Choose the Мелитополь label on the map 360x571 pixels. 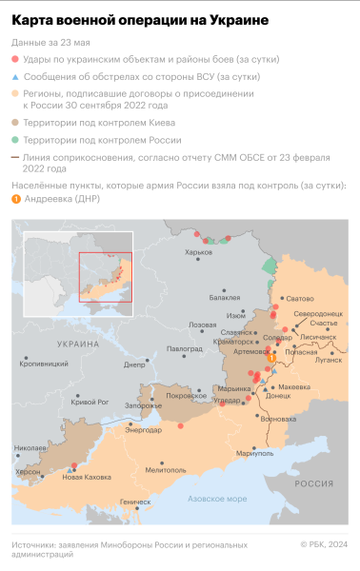pos(140,469)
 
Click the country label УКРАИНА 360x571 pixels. pos(77,343)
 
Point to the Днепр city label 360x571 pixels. pos(134,364)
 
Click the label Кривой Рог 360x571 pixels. pos(91,403)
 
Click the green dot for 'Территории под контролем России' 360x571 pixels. pos(16,140)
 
